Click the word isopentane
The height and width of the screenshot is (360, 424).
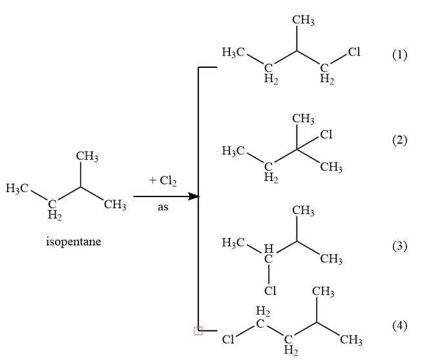click(74, 242)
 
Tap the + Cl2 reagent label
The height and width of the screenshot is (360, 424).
click(163, 181)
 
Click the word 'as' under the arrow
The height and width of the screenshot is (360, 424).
click(163, 207)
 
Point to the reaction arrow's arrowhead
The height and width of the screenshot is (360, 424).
click(194, 196)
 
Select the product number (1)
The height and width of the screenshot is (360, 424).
click(399, 55)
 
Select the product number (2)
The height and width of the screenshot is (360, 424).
click(399, 140)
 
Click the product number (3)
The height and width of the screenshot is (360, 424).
click(399, 246)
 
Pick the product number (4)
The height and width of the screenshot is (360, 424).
click(399, 325)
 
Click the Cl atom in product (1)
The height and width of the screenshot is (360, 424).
click(354, 52)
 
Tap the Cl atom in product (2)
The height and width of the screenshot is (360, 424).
click(326, 134)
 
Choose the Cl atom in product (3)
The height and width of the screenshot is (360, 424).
click(270, 291)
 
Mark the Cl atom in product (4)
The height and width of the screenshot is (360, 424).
click(228, 339)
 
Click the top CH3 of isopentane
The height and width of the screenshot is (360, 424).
click(87, 156)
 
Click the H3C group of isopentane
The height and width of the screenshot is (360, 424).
click(17, 188)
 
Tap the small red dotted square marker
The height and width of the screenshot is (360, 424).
click(198, 331)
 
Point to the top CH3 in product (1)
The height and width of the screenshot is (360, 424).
click(303, 20)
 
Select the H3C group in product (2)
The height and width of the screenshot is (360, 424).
click(233, 151)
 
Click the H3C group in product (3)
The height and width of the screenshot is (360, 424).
click(233, 242)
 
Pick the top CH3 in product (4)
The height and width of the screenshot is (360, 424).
click(323, 292)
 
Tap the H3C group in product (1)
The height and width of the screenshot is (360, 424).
click(233, 52)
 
